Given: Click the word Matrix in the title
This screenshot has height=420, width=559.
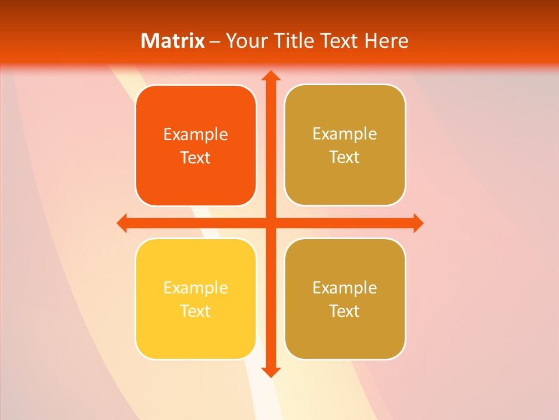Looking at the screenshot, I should pyautogui.click(x=173, y=41).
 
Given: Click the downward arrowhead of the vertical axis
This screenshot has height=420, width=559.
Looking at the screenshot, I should pyautogui.click(x=270, y=372).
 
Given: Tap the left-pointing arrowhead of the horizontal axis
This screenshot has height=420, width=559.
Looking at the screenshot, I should pyautogui.click(x=123, y=223).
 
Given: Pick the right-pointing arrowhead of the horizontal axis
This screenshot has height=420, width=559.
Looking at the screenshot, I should pyautogui.click(x=417, y=223).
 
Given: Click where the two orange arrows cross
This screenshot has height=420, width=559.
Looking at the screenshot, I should pyautogui.click(x=270, y=223).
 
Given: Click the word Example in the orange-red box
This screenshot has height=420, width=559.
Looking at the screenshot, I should pyautogui.click(x=196, y=135).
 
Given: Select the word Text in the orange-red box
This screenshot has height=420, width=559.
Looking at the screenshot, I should pyautogui.click(x=196, y=157).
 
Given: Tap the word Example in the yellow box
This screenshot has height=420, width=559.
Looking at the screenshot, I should pyautogui.click(x=196, y=288).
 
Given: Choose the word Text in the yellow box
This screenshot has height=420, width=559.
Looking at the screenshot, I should pyautogui.click(x=196, y=311).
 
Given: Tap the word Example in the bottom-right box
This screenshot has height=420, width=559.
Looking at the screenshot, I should pyautogui.click(x=345, y=288).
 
